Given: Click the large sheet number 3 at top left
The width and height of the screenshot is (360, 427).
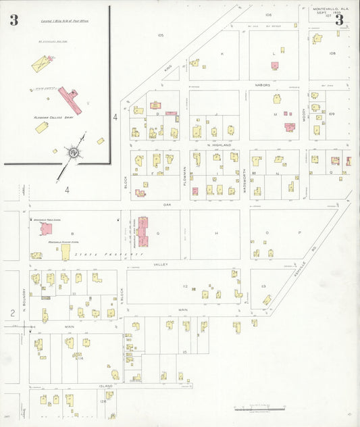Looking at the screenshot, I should pos(14,20).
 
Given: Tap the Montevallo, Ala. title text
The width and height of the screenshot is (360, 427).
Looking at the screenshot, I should pos(329,9).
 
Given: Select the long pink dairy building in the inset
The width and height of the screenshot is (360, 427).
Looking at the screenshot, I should pos(70,99).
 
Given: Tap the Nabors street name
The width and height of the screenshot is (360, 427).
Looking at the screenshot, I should pos(263,85).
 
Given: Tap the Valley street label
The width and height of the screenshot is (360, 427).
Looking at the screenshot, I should pos(159,265).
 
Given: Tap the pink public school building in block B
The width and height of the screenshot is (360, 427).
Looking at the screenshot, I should pos(46,229).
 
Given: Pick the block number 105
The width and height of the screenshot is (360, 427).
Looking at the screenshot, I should pos(160,34).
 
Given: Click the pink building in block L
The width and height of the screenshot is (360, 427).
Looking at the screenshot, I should pos(275,66).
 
